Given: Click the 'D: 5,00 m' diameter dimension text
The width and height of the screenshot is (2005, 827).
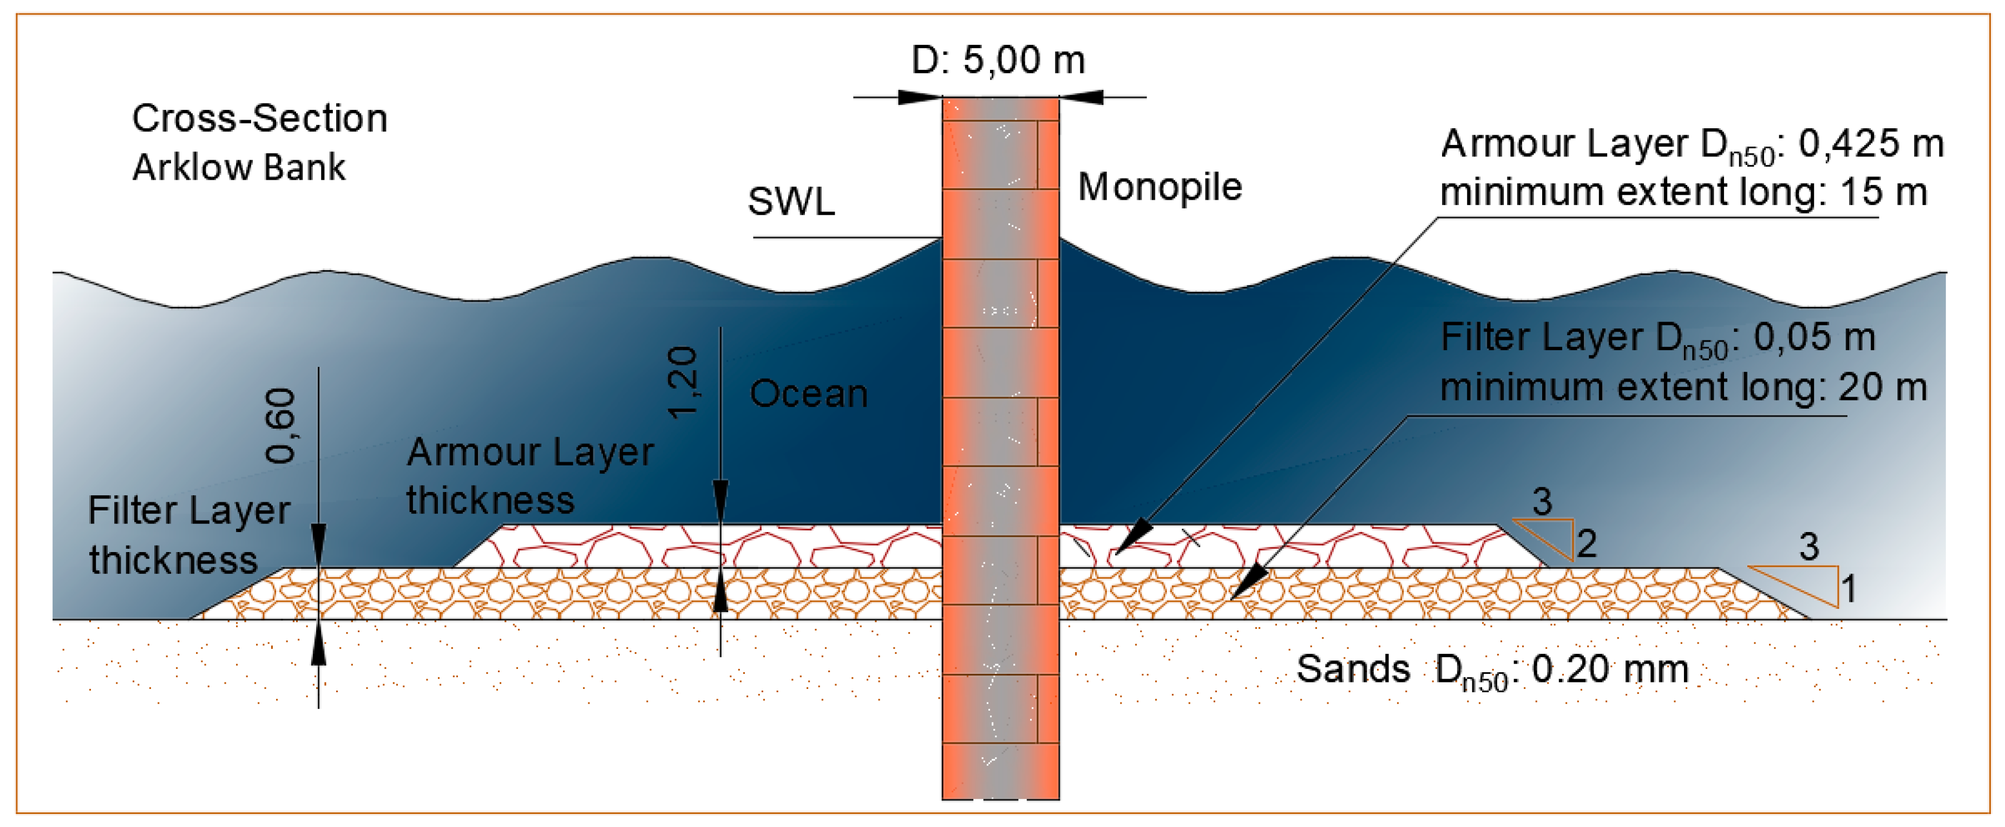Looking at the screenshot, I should tap(998, 60).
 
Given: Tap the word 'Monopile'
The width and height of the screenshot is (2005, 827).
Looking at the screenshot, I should tap(1159, 187).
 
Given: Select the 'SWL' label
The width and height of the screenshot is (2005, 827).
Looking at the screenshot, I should tap(791, 201).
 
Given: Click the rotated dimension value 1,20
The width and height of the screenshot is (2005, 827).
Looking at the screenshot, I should tap(683, 383).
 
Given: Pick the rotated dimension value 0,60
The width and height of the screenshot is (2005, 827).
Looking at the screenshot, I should tap(280, 426).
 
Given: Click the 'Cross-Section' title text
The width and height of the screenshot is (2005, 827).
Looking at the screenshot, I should tap(259, 118).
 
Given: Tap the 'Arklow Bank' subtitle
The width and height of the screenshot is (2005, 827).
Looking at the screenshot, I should tap(238, 167).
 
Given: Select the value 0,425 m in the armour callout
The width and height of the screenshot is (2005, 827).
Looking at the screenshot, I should tap(1870, 144).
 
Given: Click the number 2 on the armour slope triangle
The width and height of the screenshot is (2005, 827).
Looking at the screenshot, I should tap(1586, 543).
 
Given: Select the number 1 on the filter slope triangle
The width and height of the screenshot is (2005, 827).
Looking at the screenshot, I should tap(1849, 588).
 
